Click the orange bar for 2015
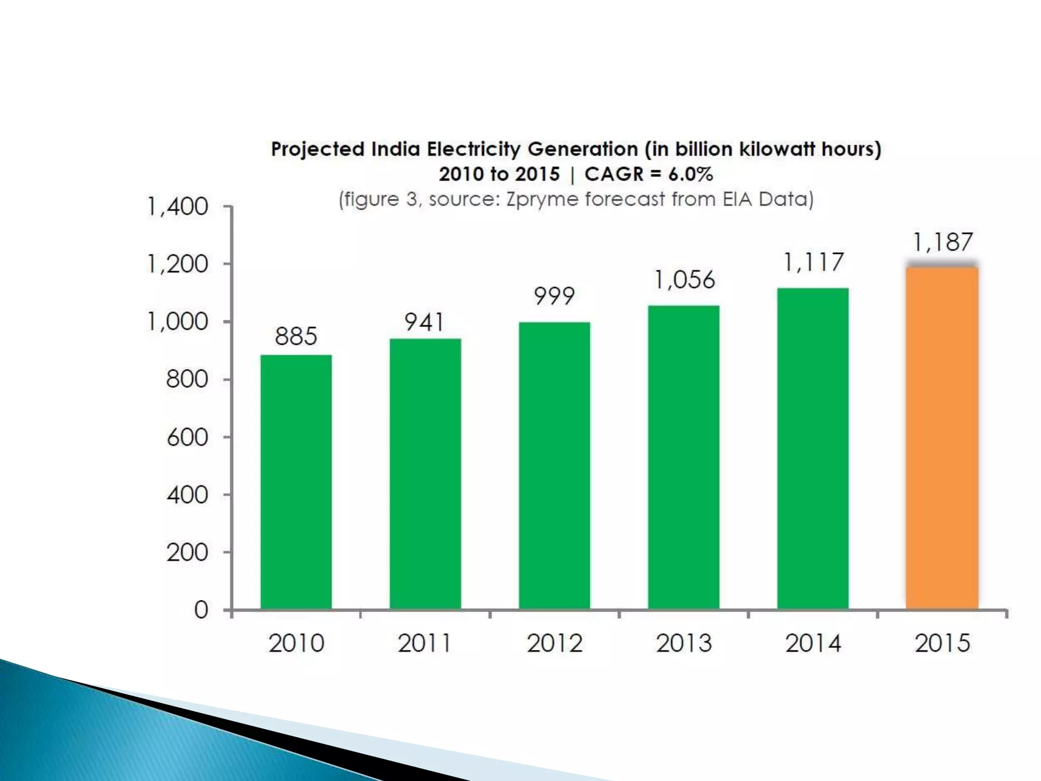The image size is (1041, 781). click(x=942, y=437)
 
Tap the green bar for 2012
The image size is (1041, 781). click(x=555, y=465)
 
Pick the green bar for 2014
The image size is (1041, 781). click(x=813, y=447)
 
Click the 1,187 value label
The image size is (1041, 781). click(x=943, y=243)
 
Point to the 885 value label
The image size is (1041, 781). click(x=296, y=336)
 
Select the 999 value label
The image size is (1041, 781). click(x=554, y=296)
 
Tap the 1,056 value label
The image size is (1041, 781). click(x=684, y=280)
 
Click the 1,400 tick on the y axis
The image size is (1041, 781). click(x=178, y=207)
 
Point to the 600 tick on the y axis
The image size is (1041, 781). click(x=187, y=437)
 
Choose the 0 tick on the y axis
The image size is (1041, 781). click(x=201, y=610)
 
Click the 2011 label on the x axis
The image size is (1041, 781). click(x=424, y=643)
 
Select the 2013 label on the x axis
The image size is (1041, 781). click(x=684, y=643)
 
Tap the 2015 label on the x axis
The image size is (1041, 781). click(x=942, y=643)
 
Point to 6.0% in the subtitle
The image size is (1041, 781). click(x=690, y=174)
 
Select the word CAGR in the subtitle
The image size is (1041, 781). click(x=614, y=174)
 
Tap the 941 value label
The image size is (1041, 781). click(x=424, y=322)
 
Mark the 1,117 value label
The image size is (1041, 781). click(x=813, y=262)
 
